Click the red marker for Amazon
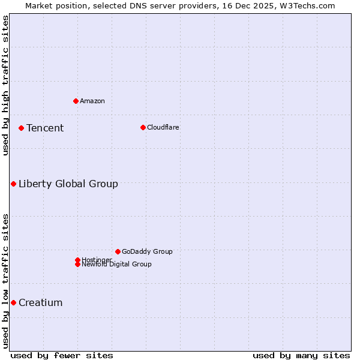(x=76, y=101)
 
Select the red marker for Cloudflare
(x=143, y=127)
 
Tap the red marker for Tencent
(x=21, y=128)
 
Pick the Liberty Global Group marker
(x=13, y=184)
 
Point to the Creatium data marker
(x=13, y=302)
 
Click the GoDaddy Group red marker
(x=118, y=251)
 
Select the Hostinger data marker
(x=77, y=260)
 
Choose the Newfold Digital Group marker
(x=77, y=265)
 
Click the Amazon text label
(x=92, y=101)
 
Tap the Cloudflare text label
(x=163, y=127)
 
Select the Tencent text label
(x=45, y=128)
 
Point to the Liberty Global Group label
(x=68, y=184)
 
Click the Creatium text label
(x=41, y=302)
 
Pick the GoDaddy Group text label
(x=147, y=251)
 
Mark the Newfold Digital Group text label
(x=117, y=265)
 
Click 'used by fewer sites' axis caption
(x=62, y=355)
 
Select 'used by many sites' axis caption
(x=301, y=355)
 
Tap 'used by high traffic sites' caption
(x=5, y=85)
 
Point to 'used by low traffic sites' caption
(x=5, y=281)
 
